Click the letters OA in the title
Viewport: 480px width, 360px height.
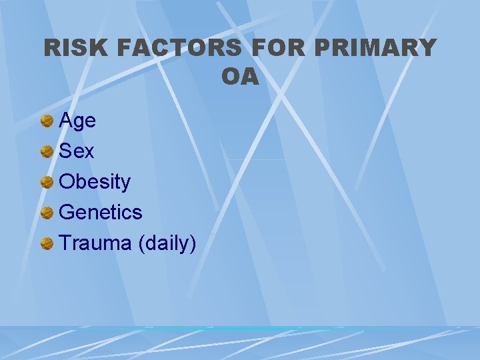pyautogui.click(x=240, y=77)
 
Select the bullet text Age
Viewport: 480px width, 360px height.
pyautogui.click(x=77, y=121)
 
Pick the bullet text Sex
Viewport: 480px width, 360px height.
pyautogui.click(x=77, y=151)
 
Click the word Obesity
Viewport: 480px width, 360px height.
pyautogui.click(x=95, y=182)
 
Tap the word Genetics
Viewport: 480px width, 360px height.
pyautogui.click(x=101, y=213)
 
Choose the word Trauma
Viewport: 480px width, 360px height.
pyautogui.click(x=95, y=243)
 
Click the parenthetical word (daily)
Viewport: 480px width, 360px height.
pyautogui.click(x=167, y=243)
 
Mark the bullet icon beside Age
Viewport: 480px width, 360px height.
pyautogui.click(x=47, y=121)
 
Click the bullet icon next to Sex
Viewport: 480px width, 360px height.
pyautogui.click(x=47, y=152)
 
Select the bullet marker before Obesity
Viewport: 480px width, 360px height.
pyautogui.click(x=47, y=183)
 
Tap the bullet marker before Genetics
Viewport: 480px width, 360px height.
pyautogui.click(x=47, y=213)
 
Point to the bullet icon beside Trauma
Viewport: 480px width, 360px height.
pyautogui.click(x=47, y=244)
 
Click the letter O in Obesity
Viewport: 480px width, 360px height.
pyautogui.click(x=67, y=182)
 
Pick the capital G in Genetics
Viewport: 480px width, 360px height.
pyautogui.click(x=67, y=213)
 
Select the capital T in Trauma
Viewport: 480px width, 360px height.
pyautogui.click(x=65, y=243)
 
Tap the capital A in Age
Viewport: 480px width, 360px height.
pyautogui.click(x=66, y=121)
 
